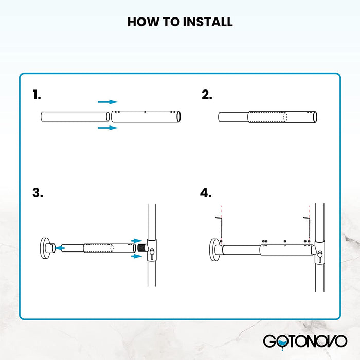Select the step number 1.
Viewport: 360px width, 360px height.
pyautogui.click(x=37, y=95)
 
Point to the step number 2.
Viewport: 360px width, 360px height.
pyautogui.click(x=207, y=95)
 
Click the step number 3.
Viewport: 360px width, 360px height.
pyautogui.click(x=38, y=193)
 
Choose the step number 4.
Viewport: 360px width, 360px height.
pyautogui.click(x=206, y=193)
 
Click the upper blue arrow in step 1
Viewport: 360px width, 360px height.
pyautogui.click(x=107, y=102)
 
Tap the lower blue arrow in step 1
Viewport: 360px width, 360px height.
pyautogui.click(x=107, y=128)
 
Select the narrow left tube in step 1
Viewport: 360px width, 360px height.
pyautogui.click(x=74, y=117)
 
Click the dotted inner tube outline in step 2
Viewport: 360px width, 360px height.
pyautogui.click(x=268, y=117)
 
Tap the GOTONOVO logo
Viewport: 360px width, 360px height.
pyautogui.click(x=305, y=341)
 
